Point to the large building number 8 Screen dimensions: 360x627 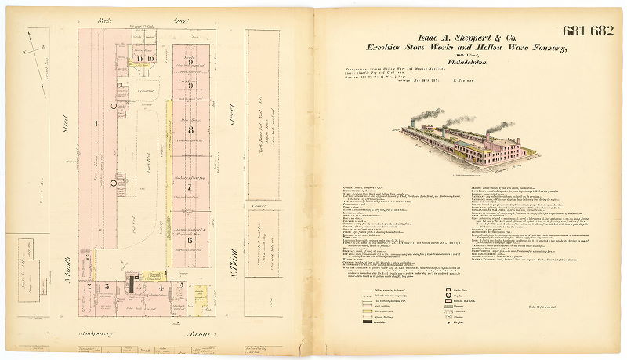tap(190, 129)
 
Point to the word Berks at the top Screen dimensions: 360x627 tap(100, 17)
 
